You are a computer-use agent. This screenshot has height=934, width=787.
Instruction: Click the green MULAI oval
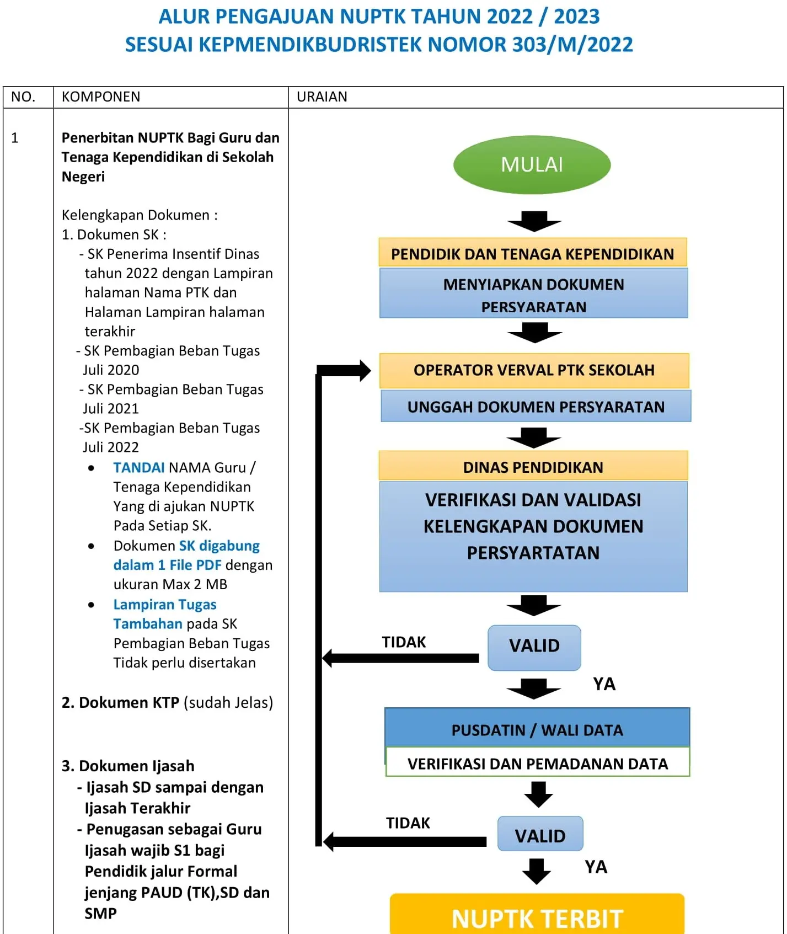(x=532, y=164)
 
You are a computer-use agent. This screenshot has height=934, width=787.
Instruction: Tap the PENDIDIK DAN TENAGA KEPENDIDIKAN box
(x=533, y=254)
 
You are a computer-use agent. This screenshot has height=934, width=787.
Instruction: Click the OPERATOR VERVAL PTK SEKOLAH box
(x=534, y=370)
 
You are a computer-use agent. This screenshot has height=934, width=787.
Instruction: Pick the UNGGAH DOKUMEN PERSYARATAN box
(x=536, y=407)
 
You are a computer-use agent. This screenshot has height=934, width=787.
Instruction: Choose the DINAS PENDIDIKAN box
(x=533, y=467)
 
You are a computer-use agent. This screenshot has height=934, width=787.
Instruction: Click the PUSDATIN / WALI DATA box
(x=537, y=729)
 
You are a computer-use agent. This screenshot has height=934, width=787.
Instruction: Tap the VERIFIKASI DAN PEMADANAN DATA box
(x=538, y=764)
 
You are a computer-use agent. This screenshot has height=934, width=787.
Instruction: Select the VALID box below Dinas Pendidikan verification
(x=534, y=647)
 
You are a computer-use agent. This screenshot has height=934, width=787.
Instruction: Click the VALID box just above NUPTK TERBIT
(x=540, y=835)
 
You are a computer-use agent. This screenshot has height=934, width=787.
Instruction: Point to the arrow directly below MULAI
(x=534, y=221)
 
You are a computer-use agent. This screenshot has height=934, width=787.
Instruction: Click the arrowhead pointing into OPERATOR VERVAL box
(x=365, y=371)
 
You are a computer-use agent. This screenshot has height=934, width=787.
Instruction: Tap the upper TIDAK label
(x=404, y=642)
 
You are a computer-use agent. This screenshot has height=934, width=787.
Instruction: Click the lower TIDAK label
(x=408, y=823)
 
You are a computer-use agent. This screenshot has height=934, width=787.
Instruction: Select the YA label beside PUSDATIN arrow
(x=604, y=684)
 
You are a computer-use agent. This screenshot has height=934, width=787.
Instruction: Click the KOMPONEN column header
(x=101, y=97)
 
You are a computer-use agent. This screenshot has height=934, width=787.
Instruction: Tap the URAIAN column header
(x=322, y=97)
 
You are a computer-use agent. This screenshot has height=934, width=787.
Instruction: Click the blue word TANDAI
(x=138, y=468)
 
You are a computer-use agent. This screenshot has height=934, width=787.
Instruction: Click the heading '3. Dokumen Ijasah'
(x=128, y=766)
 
